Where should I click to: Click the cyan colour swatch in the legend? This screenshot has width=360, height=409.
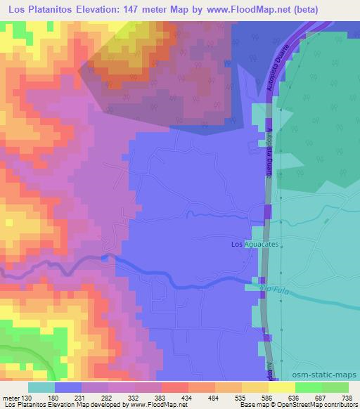click(x=42, y=387)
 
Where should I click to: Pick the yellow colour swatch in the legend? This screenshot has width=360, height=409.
click(x=282, y=387)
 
